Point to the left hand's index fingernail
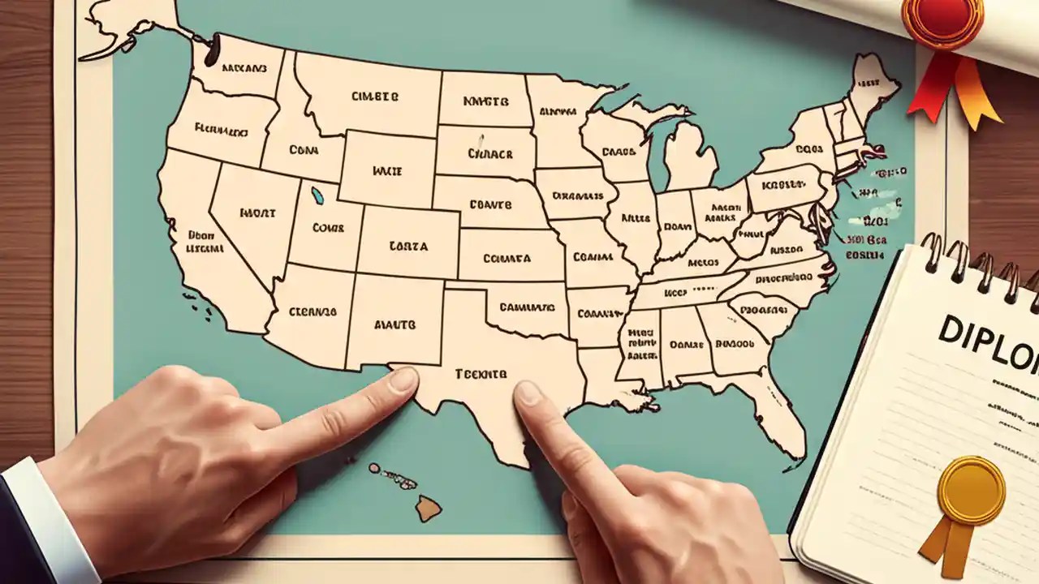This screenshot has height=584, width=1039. (x=403, y=380)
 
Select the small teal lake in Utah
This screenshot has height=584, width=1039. (x=317, y=195)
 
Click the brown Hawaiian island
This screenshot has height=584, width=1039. (x=429, y=509)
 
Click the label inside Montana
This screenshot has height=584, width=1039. (x=375, y=96)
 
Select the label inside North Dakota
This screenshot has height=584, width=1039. (x=485, y=102)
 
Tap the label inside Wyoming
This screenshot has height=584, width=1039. (x=387, y=171)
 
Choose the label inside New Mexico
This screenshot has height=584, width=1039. (x=394, y=324)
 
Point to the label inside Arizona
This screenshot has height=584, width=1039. (x=312, y=311)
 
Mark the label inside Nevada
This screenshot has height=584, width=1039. (x=258, y=213)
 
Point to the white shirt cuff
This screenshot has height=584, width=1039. (x=49, y=519)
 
